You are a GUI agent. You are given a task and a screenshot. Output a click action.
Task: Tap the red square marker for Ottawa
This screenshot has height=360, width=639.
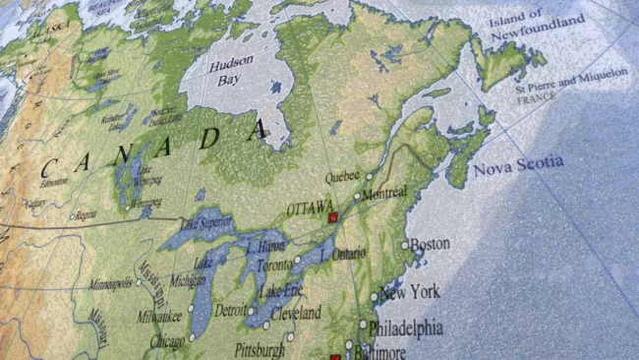point(332,216)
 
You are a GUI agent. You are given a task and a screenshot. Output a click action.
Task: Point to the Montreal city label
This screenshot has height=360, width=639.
point(384,194)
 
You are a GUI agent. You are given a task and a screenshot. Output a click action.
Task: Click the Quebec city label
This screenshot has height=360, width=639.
point(342,177)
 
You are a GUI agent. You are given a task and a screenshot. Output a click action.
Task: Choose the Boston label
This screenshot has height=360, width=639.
point(430,243)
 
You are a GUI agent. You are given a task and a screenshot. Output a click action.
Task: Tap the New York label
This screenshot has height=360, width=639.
point(409,291)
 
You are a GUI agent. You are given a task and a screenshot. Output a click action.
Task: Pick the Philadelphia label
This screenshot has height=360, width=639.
point(406,328)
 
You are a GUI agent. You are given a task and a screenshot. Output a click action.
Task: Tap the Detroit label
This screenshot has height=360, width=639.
point(229,311)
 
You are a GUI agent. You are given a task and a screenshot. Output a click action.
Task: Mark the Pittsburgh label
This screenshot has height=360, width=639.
point(260,349)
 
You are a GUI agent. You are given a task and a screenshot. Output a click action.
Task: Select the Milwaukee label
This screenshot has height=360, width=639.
point(159,317)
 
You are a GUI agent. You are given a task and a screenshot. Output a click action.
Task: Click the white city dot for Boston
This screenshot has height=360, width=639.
point(404,245)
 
